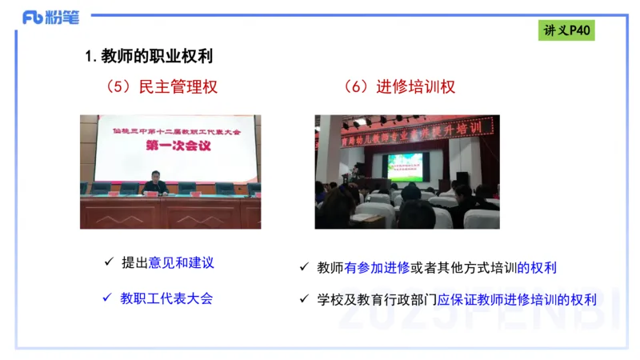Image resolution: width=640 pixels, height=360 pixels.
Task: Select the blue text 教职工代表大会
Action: pyautogui.click(x=166, y=298)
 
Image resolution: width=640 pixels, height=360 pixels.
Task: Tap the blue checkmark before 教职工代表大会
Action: pyautogui.click(x=108, y=298)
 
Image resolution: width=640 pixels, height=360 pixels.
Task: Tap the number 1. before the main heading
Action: pyautogui.click(x=90, y=57)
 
